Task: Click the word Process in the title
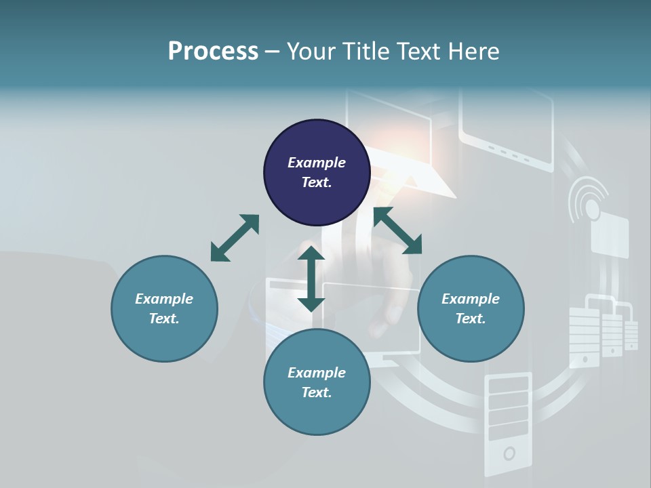coord(213,52)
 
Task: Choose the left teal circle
coord(164,308)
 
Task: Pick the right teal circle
coord(471,308)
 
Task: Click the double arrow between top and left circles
coord(235,238)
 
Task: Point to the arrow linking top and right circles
coord(397,230)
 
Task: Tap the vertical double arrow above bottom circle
coord(311,279)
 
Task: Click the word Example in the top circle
coord(317,163)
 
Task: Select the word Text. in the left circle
coord(164,319)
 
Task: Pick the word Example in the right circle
coord(471,299)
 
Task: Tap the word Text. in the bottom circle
coord(317,392)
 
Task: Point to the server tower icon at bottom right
coord(509,424)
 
